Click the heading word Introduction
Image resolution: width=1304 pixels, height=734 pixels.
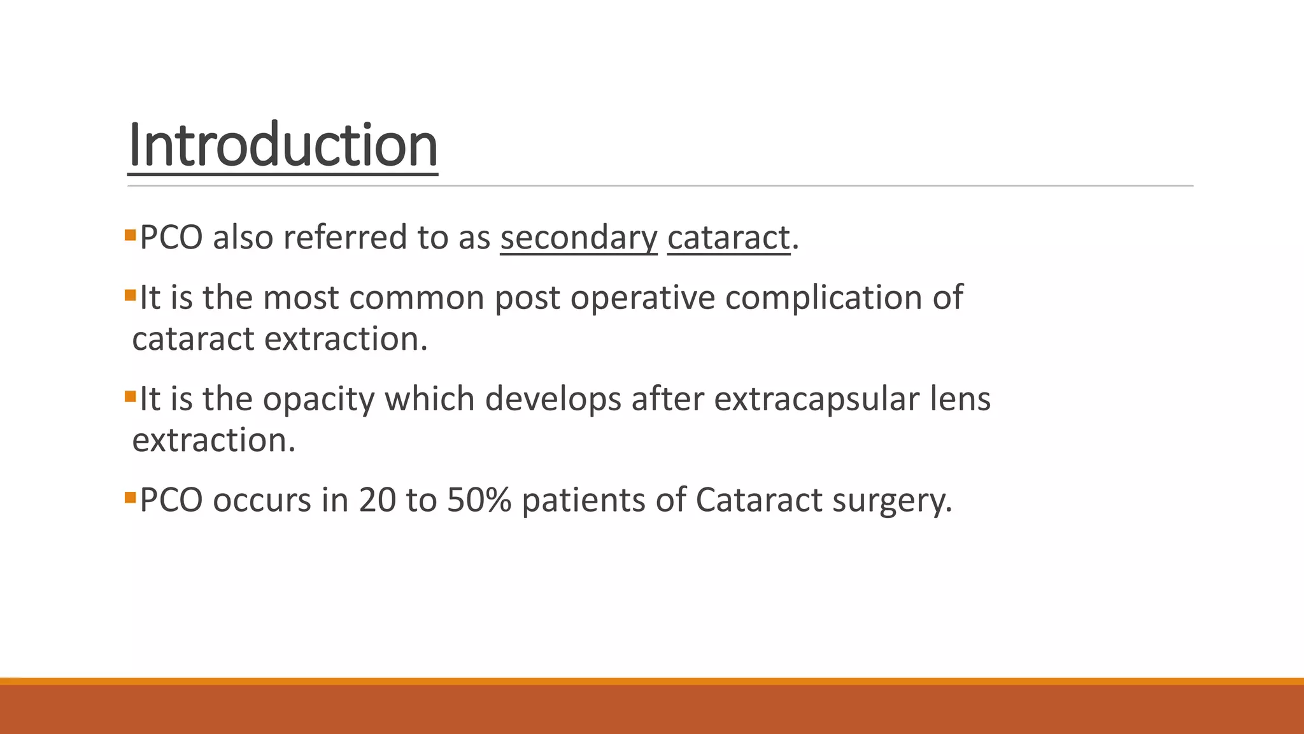tap(283, 146)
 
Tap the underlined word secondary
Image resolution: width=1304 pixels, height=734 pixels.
tap(578, 238)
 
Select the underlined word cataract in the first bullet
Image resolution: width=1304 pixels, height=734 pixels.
tap(728, 238)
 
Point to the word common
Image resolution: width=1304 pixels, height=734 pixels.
tap(416, 298)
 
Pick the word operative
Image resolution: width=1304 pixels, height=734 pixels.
tap(642, 298)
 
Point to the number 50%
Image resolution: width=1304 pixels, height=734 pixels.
tap(479, 500)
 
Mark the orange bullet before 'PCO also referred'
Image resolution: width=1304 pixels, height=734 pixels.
tap(131, 235)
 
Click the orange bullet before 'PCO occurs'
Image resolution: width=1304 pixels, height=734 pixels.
tap(131, 497)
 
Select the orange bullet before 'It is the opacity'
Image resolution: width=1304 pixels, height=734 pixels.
tap(131, 396)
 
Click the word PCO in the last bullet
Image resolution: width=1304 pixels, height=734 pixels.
tap(171, 500)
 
